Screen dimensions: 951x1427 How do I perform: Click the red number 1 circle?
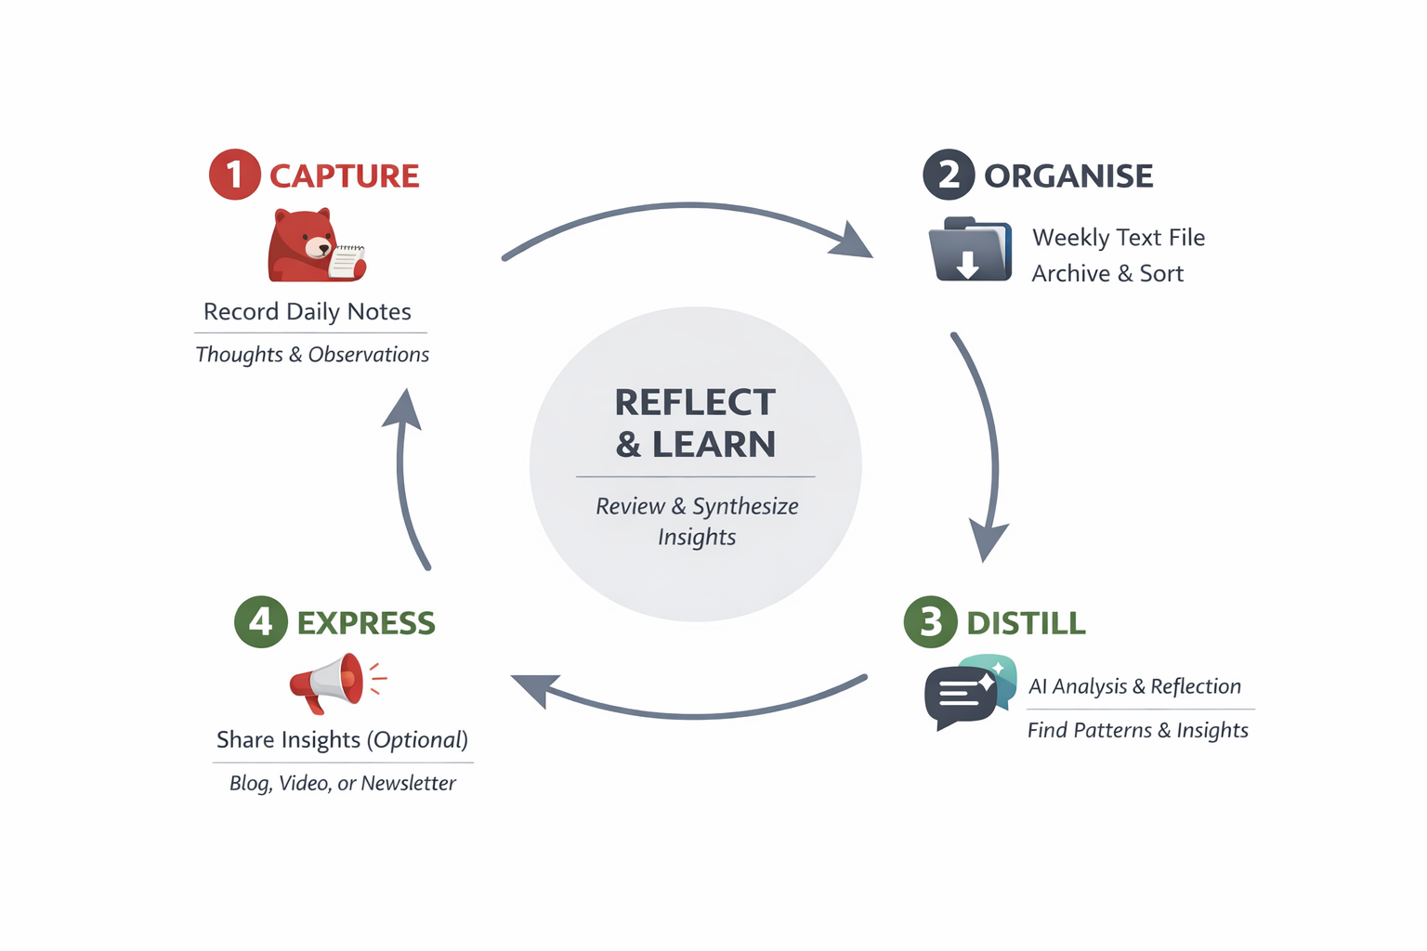point(234,175)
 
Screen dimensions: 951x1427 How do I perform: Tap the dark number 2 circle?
point(948,175)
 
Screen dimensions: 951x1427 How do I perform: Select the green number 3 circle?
point(930,621)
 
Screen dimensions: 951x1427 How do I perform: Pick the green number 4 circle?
point(261,621)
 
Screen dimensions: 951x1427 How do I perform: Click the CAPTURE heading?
point(344,176)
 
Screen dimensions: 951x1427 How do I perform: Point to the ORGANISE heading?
point(1068,176)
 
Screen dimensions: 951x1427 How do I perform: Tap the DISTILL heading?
point(1026,622)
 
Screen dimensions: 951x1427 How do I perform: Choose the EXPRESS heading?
point(366,622)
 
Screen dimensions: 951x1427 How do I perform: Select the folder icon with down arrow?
point(970,249)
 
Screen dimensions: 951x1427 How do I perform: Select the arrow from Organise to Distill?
point(990,446)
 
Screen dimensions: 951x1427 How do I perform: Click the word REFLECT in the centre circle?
point(695,402)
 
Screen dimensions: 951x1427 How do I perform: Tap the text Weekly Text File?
point(1119,238)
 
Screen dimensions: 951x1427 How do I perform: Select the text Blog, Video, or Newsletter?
point(343,783)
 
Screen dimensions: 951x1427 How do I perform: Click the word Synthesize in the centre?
point(745,506)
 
